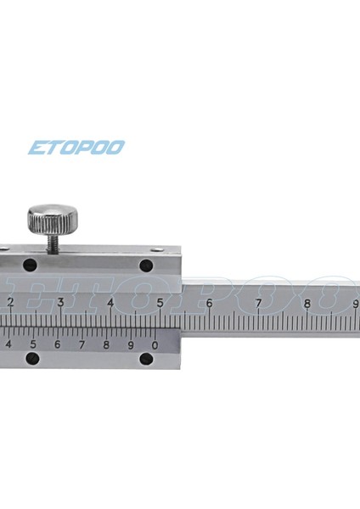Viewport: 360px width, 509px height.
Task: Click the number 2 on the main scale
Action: click(x=10, y=303)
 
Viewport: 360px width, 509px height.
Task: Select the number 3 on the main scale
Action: click(x=60, y=303)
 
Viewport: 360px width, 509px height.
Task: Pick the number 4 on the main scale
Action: click(x=110, y=303)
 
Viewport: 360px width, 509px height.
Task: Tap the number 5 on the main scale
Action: click(x=160, y=303)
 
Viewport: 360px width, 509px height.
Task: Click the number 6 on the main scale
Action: click(x=209, y=303)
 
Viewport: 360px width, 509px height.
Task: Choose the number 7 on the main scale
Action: click(x=258, y=303)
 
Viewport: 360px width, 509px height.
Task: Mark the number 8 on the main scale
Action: click(x=307, y=303)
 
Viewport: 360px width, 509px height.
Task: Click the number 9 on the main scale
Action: click(x=355, y=303)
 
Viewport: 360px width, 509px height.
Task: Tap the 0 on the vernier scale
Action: click(x=155, y=344)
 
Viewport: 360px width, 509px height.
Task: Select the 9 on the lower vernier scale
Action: click(x=131, y=344)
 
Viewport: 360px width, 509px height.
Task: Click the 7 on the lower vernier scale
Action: click(x=82, y=344)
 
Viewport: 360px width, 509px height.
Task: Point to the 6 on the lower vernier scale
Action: click(x=57, y=344)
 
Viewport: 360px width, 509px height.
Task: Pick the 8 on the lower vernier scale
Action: click(x=106, y=344)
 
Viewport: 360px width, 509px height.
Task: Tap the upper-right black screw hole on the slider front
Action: click(x=146, y=266)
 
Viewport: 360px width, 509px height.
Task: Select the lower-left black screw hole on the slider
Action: click(x=33, y=360)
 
